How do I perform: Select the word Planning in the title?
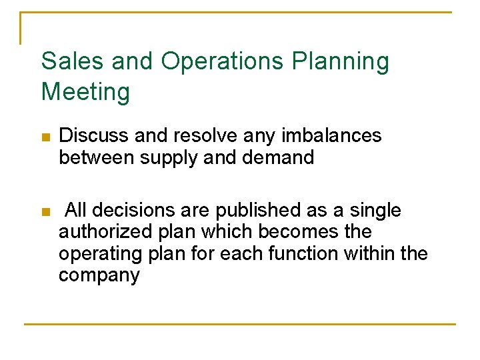[340, 61]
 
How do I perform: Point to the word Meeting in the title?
[85, 92]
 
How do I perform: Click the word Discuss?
[93, 136]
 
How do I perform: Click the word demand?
[279, 158]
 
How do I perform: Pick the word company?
[99, 275]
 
